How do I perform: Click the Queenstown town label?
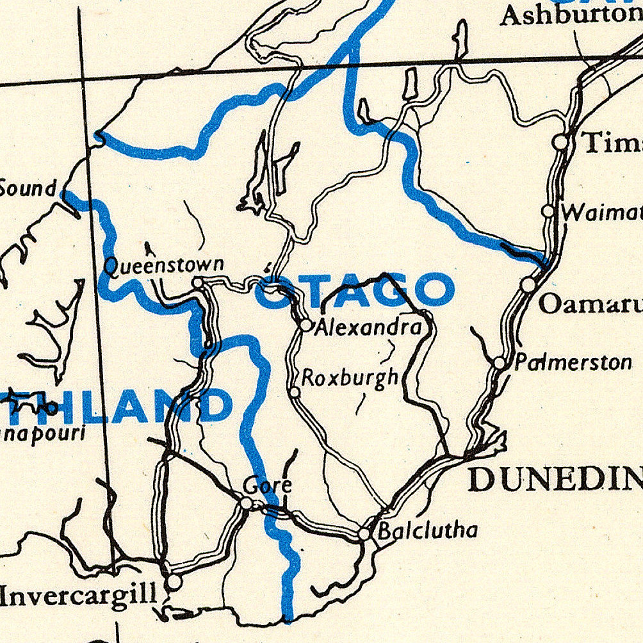[x=164, y=265]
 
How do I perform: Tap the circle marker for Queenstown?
[x=199, y=282]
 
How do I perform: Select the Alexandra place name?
[x=368, y=328]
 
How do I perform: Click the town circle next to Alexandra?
[x=305, y=325]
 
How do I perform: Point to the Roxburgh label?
[x=350, y=378]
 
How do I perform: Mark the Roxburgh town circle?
[x=295, y=392]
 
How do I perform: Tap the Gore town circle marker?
[x=247, y=503]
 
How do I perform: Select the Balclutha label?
[x=427, y=530]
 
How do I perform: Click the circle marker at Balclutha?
[x=364, y=533]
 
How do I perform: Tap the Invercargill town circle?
[x=174, y=582]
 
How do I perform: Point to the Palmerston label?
[x=573, y=362]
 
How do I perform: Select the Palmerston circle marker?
[x=500, y=363]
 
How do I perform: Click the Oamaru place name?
[x=589, y=304]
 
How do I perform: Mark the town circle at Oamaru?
[x=528, y=284]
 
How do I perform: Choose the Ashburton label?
[x=570, y=14]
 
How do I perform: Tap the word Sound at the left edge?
[x=28, y=188]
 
